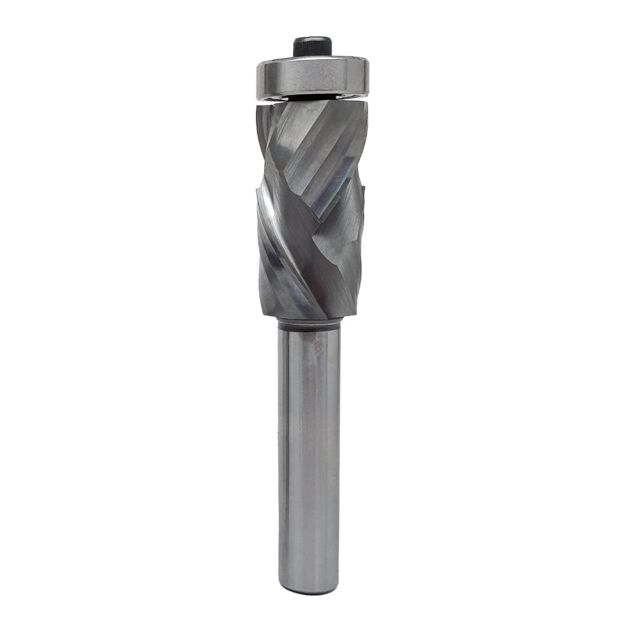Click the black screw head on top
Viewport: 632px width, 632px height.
[x=311, y=48]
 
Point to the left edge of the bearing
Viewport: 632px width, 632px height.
[x=257, y=80]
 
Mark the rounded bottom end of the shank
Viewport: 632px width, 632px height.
[x=309, y=589]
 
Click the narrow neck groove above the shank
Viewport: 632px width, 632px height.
[x=309, y=323]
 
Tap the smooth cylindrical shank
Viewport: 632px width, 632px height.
[x=309, y=459]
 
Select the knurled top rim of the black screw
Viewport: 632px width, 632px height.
[x=311, y=40]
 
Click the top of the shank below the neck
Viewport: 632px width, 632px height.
[x=309, y=336]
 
